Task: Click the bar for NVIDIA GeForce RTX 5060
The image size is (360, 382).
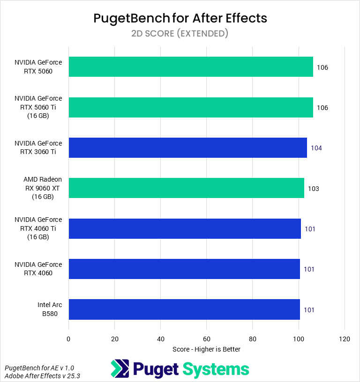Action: coord(191,67)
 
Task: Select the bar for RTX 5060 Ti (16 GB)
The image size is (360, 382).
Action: coord(191,107)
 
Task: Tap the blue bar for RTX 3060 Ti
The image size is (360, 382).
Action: coord(187,147)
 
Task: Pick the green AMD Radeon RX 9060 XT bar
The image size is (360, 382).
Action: coord(186,188)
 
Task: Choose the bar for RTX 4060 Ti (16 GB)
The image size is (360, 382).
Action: coord(185,228)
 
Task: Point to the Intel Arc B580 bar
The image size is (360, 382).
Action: coord(184,309)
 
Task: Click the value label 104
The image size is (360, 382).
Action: coord(316,148)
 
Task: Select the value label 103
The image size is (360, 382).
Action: coord(314,189)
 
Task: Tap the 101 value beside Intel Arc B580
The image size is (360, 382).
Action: coord(309,310)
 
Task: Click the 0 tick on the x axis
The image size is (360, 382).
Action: coord(69,338)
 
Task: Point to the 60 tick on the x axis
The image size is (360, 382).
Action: coord(207,338)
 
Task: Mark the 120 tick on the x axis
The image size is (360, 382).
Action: coord(345,338)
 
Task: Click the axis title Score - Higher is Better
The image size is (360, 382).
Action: coord(207,349)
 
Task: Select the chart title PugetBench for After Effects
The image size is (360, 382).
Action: coord(180,18)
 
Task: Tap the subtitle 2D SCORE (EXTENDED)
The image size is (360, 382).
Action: coord(180,33)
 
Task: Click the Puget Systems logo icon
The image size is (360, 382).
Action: coord(120,368)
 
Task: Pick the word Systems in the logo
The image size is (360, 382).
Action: coord(216,369)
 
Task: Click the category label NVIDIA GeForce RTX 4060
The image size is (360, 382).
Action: coord(38,269)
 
